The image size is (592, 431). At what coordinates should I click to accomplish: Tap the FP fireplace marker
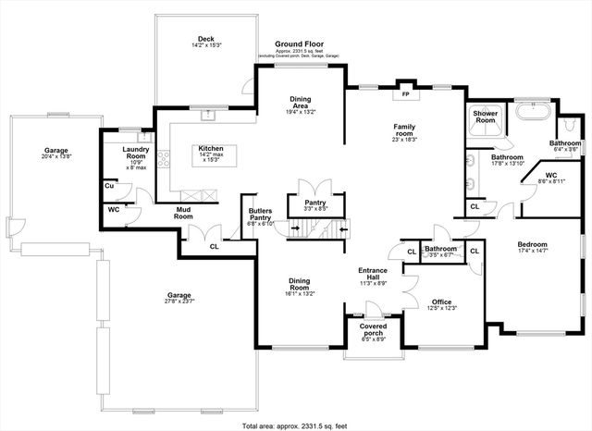click(x=403, y=93)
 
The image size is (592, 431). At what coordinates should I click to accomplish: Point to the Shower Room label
click(x=486, y=117)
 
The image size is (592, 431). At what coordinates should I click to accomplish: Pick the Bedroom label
click(x=536, y=245)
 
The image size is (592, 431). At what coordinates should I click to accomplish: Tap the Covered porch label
click(x=374, y=329)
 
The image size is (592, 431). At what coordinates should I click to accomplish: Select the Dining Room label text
click(x=299, y=285)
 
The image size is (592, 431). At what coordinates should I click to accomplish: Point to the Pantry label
click(x=316, y=203)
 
